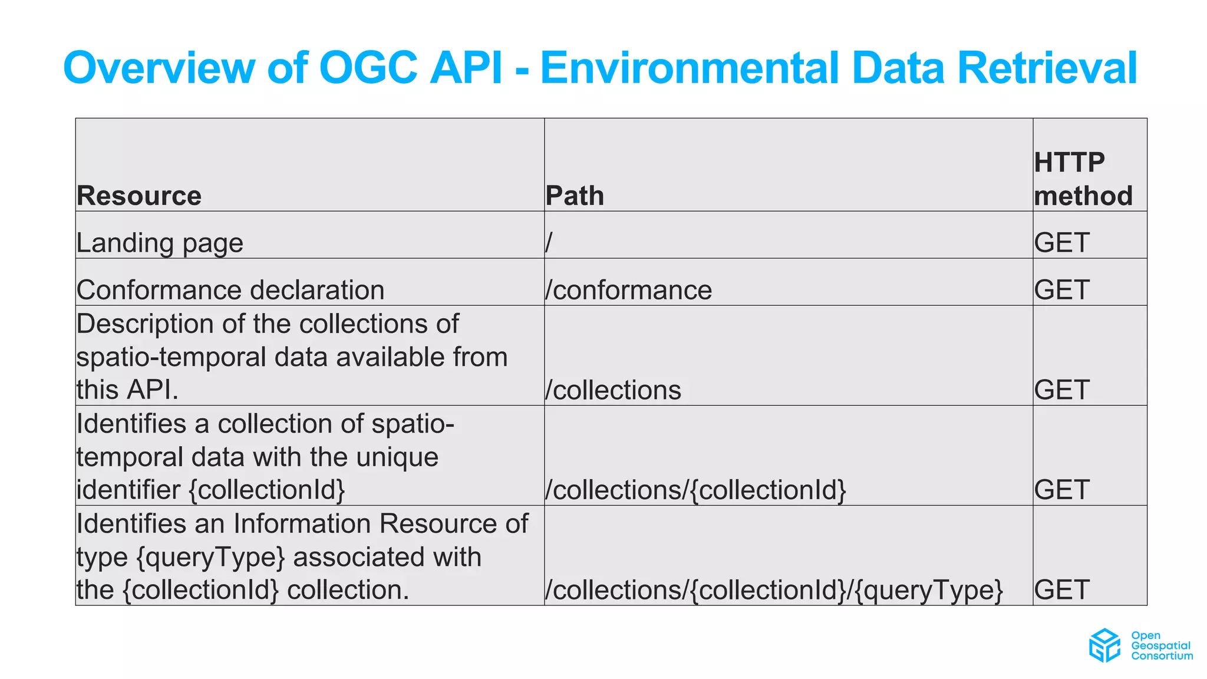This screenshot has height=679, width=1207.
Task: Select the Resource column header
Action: pos(139,196)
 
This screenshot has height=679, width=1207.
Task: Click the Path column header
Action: pos(575,196)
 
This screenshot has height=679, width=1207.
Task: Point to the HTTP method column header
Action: pos(1083,179)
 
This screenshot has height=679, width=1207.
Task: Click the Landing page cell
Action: pos(160,243)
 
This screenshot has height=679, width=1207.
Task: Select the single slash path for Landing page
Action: pos(549,242)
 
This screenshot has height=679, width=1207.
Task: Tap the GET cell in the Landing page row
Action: pos(1061,243)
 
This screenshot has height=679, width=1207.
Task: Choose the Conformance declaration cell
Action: pos(230,290)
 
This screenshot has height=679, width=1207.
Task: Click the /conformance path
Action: pos(628,290)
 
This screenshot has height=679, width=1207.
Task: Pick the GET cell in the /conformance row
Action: pos(1061,290)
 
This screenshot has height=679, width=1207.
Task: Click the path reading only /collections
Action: pos(613,390)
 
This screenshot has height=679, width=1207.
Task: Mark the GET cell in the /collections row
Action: pos(1061,390)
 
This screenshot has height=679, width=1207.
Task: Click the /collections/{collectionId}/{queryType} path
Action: pos(774,590)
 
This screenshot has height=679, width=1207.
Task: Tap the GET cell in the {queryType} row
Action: pos(1061,590)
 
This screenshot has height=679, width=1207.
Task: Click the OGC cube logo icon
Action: pos(1104,645)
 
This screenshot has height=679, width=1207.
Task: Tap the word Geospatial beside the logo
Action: pos(1160,645)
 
